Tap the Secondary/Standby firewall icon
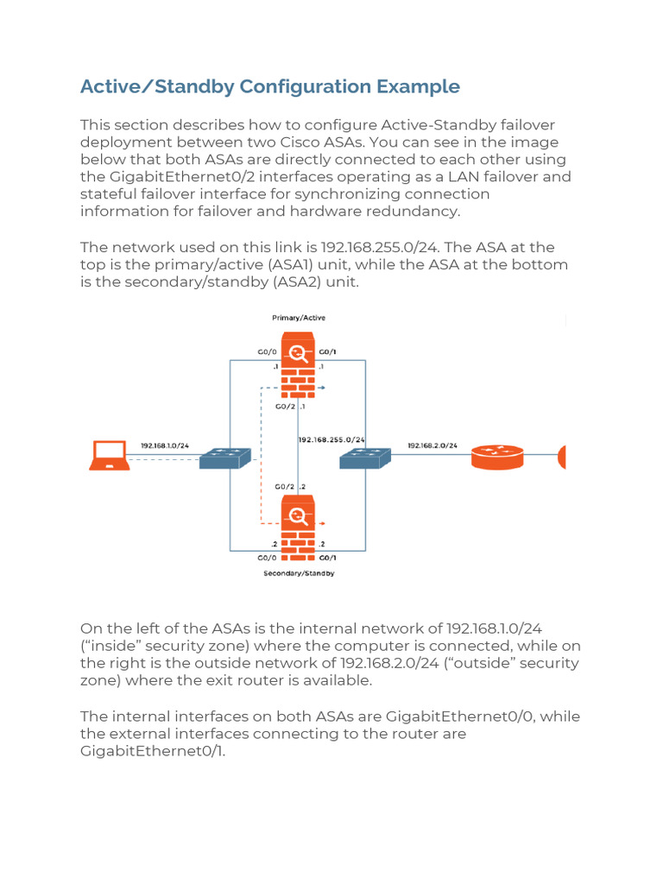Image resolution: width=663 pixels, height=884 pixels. (x=298, y=524)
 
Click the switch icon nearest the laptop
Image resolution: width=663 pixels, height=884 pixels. (x=224, y=458)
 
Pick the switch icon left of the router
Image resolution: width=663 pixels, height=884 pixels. (x=365, y=458)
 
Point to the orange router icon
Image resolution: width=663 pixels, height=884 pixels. (x=497, y=457)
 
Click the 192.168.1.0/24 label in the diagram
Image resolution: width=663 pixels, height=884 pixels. (x=165, y=445)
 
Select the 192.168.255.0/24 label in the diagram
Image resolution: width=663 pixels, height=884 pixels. (x=332, y=439)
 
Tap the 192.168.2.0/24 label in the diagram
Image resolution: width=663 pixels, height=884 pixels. (x=432, y=445)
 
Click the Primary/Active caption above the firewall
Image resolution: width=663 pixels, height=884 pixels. (x=299, y=318)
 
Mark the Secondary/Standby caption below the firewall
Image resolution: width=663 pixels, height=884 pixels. (x=299, y=573)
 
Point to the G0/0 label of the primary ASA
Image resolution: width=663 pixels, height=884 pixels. (x=267, y=351)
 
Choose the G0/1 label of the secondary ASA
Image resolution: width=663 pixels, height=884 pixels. (x=328, y=558)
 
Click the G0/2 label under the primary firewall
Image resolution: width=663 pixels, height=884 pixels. (x=286, y=406)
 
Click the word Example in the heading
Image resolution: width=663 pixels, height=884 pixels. (x=419, y=86)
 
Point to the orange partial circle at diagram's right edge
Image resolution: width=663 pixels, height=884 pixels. (x=562, y=457)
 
